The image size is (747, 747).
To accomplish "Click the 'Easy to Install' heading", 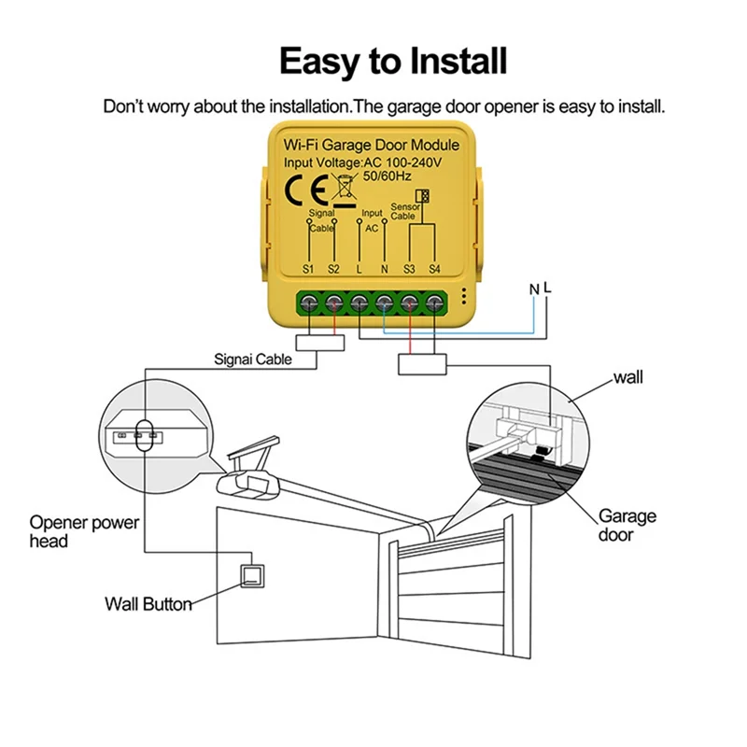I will tap(393, 62).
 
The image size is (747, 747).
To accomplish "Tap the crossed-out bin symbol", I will tap(345, 189).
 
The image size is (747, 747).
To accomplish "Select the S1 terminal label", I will tap(310, 269).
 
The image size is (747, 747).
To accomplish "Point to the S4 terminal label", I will tap(434, 269).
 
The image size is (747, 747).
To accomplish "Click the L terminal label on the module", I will tap(359, 269).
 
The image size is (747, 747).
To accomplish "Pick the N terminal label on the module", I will tap(385, 269).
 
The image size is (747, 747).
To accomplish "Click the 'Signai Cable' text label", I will tap(253, 359).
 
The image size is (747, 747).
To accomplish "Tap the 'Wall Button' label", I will tap(148, 604).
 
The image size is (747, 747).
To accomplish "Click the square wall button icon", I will tap(252, 575).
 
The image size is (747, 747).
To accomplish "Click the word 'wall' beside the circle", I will tap(628, 378).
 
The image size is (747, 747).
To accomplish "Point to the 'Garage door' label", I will tap(627, 525).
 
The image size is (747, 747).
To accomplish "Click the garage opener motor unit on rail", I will tap(251, 480).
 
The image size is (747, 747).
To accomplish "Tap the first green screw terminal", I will tap(310, 303).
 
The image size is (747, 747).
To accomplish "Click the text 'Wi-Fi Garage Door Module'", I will tap(371, 146).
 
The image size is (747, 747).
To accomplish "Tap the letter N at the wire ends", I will tap(535, 290).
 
